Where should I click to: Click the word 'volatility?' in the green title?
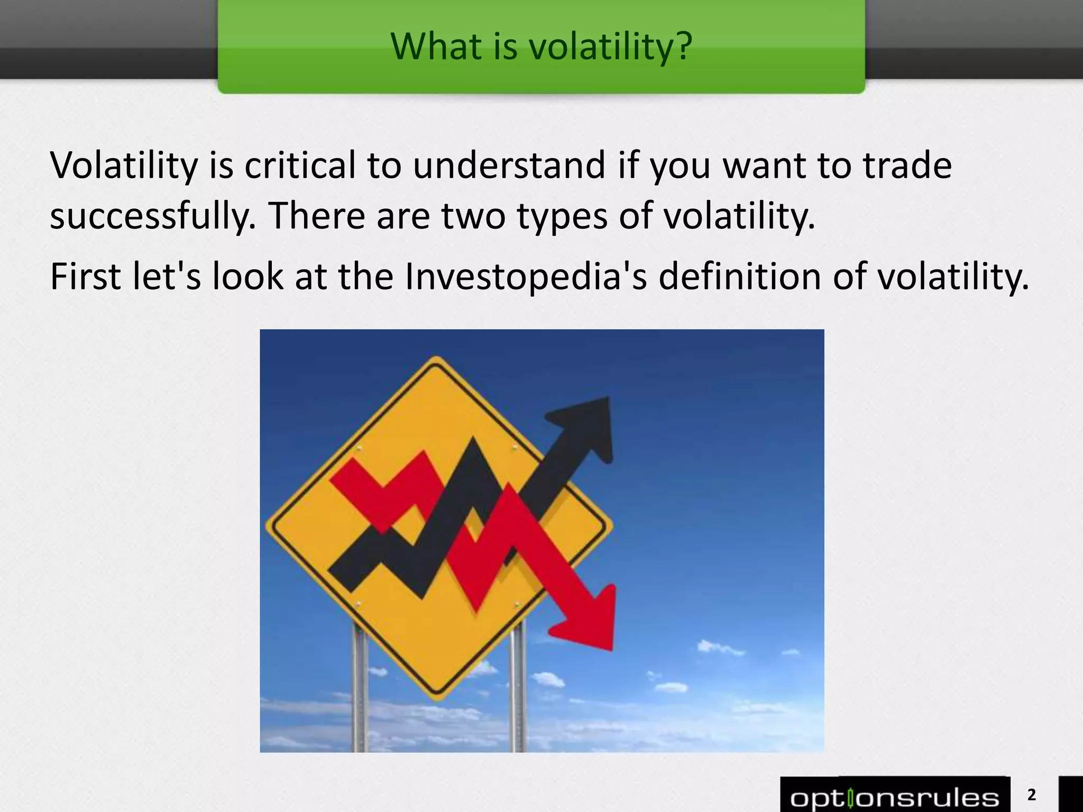click(x=610, y=47)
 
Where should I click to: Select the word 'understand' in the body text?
click(x=509, y=165)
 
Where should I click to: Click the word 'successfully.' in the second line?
click(x=153, y=217)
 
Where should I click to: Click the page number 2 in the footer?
click(x=1031, y=795)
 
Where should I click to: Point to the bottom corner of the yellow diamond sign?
click(x=437, y=698)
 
